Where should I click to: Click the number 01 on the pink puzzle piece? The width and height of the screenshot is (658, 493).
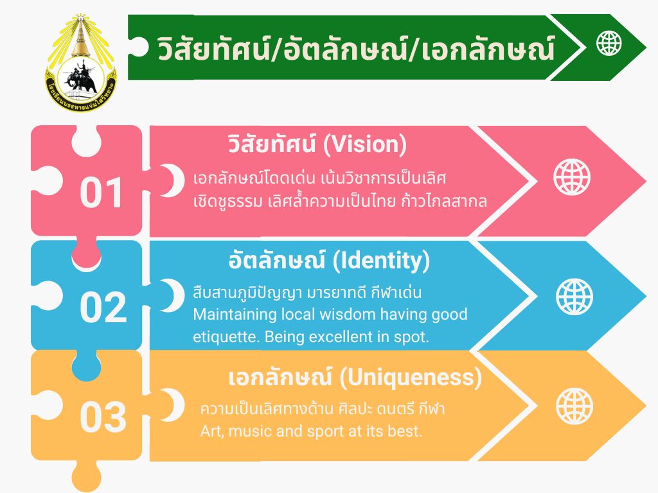click(101, 193)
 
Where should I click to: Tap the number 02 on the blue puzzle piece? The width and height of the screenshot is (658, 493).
click(103, 307)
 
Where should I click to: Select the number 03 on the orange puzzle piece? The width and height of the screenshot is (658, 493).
click(103, 417)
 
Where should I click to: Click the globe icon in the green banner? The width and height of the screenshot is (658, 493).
click(609, 43)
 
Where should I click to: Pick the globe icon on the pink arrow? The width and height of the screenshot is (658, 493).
click(571, 177)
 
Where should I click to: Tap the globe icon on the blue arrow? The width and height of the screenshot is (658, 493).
click(574, 297)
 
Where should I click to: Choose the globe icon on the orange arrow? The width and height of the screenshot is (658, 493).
click(574, 406)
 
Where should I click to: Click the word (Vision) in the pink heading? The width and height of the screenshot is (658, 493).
click(365, 144)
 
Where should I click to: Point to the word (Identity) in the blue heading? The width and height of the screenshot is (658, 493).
click(381, 261)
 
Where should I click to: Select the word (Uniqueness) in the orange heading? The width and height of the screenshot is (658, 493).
click(411, 377)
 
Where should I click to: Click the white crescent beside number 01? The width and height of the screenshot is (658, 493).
click(173, 180)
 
